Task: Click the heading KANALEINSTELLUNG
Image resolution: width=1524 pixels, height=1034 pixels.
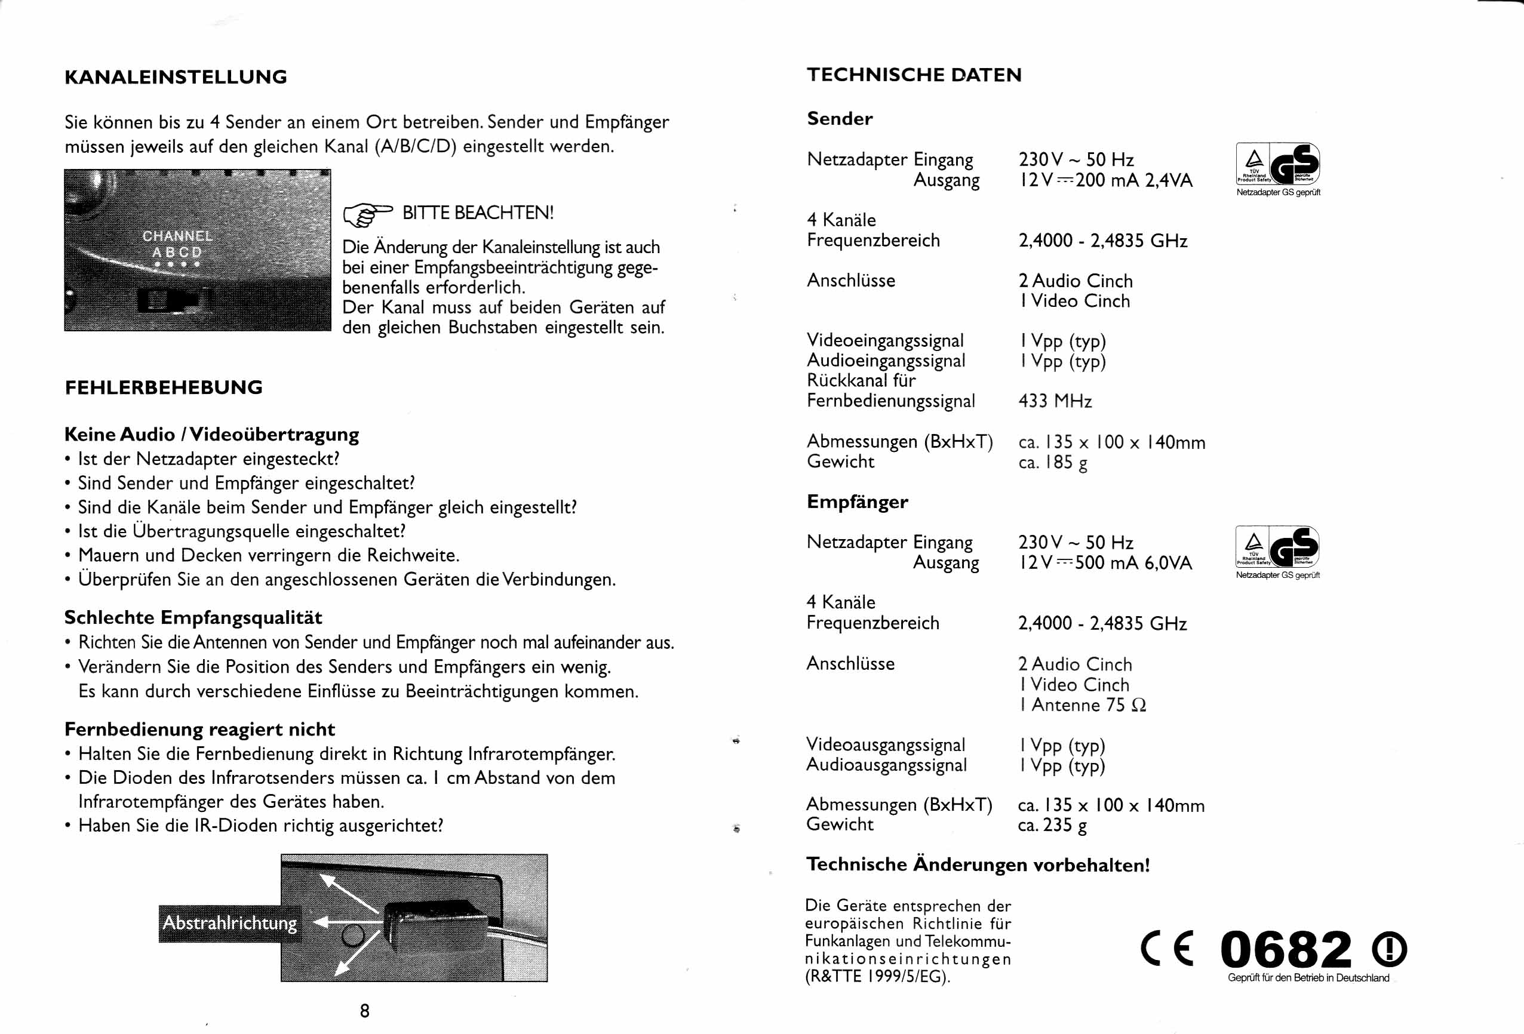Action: (176, 78)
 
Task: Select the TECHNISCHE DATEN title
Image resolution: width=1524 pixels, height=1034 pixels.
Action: (914, 75)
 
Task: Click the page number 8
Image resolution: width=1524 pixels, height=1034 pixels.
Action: (365, 1010)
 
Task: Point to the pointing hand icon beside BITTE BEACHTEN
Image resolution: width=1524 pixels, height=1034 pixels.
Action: (367, 213)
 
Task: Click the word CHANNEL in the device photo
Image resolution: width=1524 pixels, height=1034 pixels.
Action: (178, 236)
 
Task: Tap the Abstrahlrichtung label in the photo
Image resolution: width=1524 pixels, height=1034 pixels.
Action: (229, 923)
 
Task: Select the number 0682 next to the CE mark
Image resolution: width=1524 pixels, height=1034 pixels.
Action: (1285, 949)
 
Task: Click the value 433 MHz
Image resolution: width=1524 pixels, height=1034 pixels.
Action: (1055, 401)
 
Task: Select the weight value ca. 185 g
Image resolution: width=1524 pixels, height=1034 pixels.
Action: (1052, 462)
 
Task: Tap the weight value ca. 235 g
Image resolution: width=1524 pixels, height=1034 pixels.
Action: (1052, 825)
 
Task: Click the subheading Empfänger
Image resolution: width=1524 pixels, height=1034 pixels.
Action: (857, 501)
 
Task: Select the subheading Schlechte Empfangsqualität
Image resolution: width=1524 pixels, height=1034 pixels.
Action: (193, 618)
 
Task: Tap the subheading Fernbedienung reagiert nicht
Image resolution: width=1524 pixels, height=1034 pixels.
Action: (199, 729)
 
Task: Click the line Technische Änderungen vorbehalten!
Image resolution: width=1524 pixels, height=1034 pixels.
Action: (978, 865)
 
